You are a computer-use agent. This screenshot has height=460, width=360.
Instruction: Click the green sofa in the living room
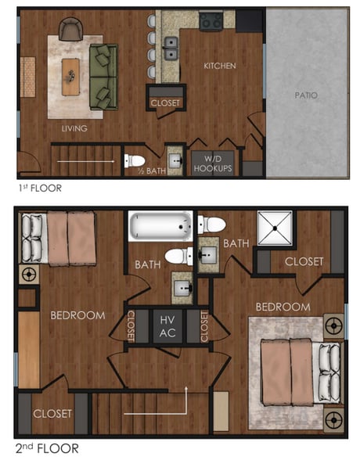(103, 76)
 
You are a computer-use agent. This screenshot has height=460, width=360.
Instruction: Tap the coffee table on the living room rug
(71, 76)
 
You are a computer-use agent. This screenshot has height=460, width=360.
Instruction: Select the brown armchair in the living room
(70, 30)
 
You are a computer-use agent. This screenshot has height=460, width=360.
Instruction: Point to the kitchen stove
(211, 22)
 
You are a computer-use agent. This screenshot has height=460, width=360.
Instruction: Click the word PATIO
(306, 95)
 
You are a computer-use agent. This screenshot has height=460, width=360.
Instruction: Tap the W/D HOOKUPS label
(213, 163)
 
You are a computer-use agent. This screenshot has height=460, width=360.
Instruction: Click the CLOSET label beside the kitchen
(165, 102)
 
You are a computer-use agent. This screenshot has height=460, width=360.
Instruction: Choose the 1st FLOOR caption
(39, 188)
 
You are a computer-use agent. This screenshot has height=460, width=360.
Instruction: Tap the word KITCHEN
(219, 66)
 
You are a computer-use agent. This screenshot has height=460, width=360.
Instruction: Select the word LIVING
(75, 128)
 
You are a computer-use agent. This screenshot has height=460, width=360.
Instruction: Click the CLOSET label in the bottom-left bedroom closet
(52, 413)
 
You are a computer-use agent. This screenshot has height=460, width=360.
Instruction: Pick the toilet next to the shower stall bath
(211, 225)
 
